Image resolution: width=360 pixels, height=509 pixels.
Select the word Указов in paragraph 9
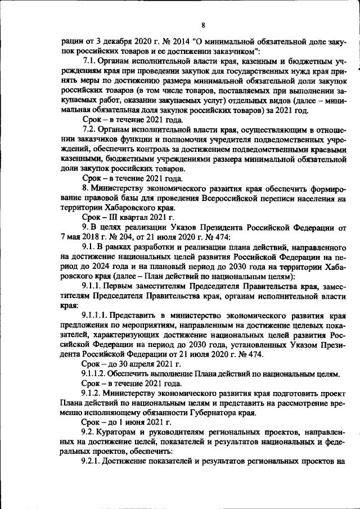172,233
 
